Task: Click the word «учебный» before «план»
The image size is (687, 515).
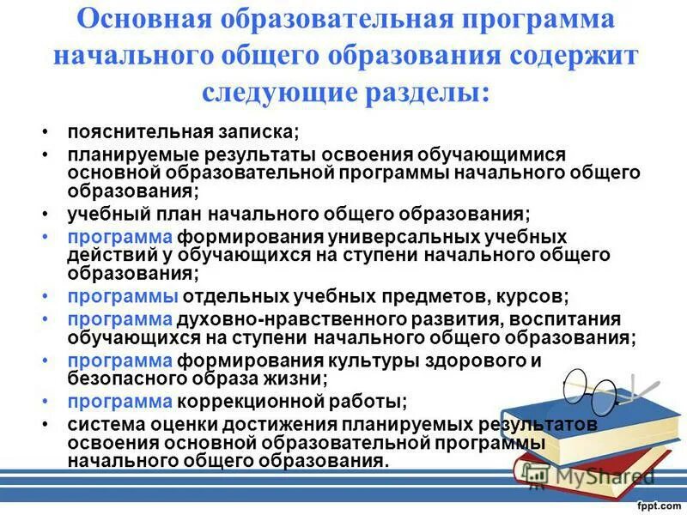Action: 103,213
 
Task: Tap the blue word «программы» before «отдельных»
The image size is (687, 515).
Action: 123,296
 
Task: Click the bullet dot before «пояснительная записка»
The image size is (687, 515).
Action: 45,134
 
